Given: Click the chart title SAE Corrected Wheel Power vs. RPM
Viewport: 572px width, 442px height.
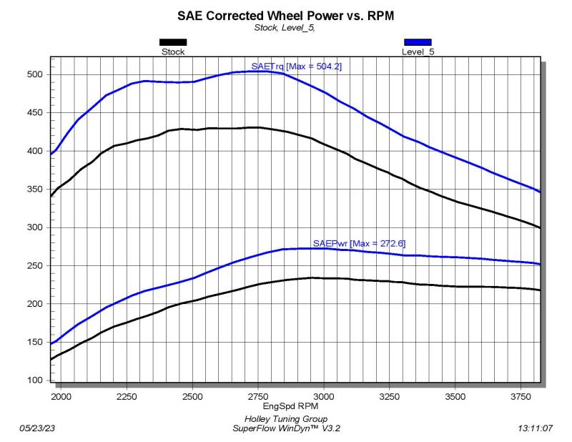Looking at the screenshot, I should (285, 15).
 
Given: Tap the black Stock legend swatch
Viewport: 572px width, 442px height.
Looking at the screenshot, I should (173, 42).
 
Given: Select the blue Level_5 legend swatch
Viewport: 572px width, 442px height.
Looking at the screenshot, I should (418, 42).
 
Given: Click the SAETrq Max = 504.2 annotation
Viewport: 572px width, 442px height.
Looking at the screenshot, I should (287, 67).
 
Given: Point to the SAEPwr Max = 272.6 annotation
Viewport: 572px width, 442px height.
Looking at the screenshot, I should (359, 243).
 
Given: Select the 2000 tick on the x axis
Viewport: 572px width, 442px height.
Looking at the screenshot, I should (60, 396).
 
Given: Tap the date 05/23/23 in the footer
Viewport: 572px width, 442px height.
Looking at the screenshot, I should (38, 428).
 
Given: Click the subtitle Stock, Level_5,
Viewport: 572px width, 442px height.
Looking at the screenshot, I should (285, 28).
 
